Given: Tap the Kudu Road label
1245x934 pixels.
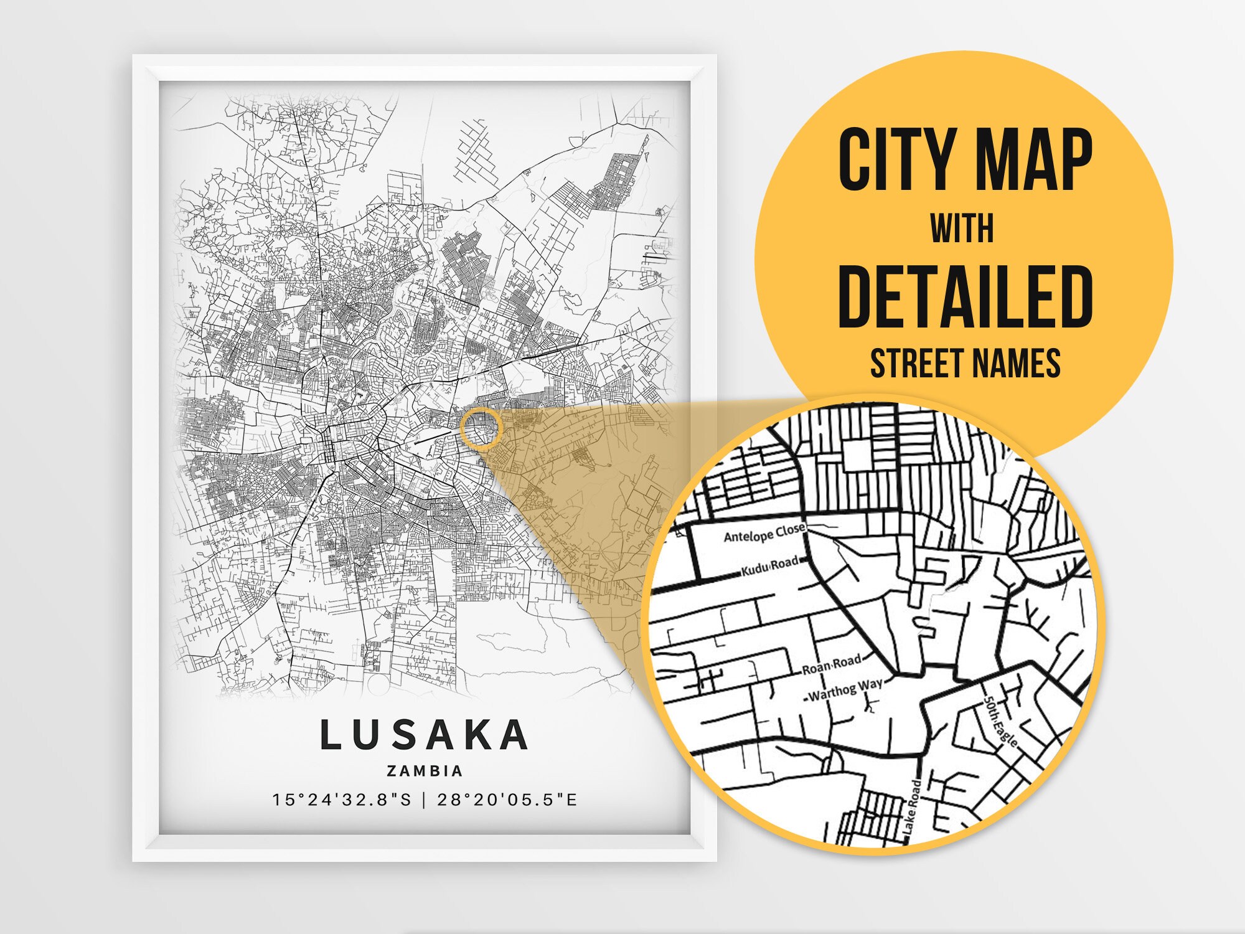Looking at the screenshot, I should (769, 566).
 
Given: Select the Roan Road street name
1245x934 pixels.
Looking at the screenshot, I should (831, 665).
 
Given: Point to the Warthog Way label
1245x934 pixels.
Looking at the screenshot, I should (845, 689).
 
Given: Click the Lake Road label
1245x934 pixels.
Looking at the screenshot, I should (911, 808).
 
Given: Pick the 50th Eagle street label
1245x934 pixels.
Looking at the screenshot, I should (1000, 720).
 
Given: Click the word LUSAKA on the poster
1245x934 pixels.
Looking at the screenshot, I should (425, 735).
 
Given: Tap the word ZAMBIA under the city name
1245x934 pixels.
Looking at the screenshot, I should (425, 771).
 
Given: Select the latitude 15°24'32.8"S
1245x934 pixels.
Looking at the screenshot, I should (342, 800).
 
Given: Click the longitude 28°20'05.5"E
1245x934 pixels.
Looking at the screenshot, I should (507, 800).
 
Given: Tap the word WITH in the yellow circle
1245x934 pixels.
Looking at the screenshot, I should (962, 229).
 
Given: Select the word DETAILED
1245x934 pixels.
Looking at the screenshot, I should (965, 297).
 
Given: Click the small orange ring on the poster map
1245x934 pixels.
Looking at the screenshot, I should (481, 428).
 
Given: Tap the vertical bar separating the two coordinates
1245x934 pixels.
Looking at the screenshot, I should (425, 800).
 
